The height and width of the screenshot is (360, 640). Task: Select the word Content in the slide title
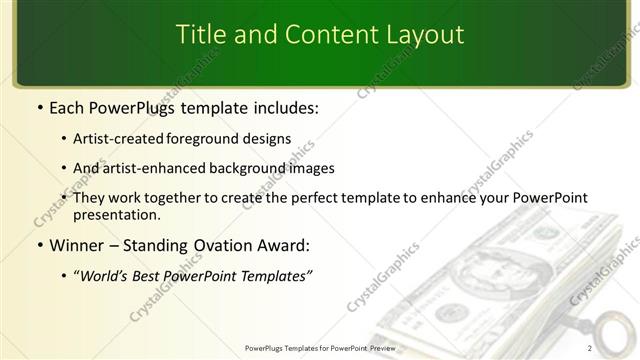pyautogui.click(x=323, y=35)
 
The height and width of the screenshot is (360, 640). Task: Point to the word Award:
pyautogui.click(x=282, y=245)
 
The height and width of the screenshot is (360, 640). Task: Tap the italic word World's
pyautogui.click(x=108, y=275)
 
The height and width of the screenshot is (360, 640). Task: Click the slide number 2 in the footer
pyautogui.click(x=590, y=348)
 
